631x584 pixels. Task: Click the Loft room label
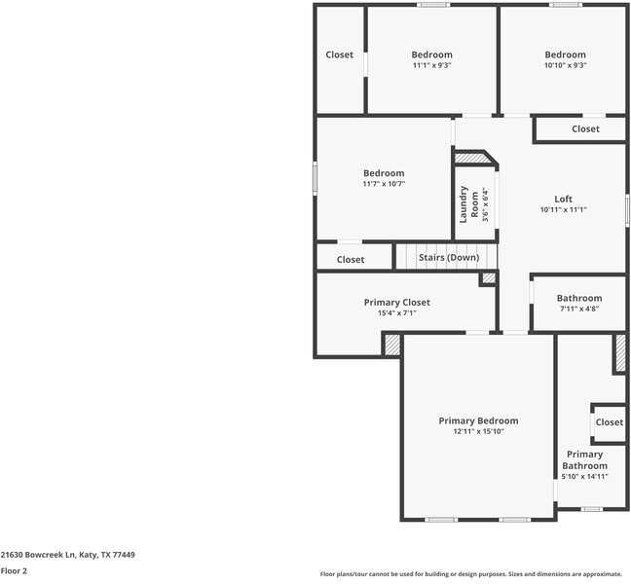click(x=563, y=199)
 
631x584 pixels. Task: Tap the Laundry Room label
click(x=464, y=203)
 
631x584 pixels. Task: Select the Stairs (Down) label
click(x=448, y=258)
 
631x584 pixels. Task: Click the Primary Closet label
click(x=396, y=302)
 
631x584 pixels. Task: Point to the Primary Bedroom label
click(x=478, y=420)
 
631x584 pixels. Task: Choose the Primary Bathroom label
click(x=584, y=459)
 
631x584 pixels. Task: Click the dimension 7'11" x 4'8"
click(x=578, y=309)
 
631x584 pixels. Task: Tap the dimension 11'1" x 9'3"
click(x=431, y=65)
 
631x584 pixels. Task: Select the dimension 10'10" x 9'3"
click(x=565, y=65)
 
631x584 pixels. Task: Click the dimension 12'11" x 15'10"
click(x=478, y=431)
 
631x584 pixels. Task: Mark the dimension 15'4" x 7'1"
click(x=396, y=312)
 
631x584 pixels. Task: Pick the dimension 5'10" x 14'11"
click(x=584, y=476)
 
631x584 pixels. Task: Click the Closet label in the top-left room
click(x=339, y=55)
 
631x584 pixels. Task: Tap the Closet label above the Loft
click(x=585, y=128)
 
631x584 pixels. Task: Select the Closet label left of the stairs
click(x=351, y=260)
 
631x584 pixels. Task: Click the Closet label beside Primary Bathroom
click(x=609, y=422)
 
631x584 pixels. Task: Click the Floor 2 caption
click(x=14, y=571)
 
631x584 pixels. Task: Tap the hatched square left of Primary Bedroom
click(x=392, y=345)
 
